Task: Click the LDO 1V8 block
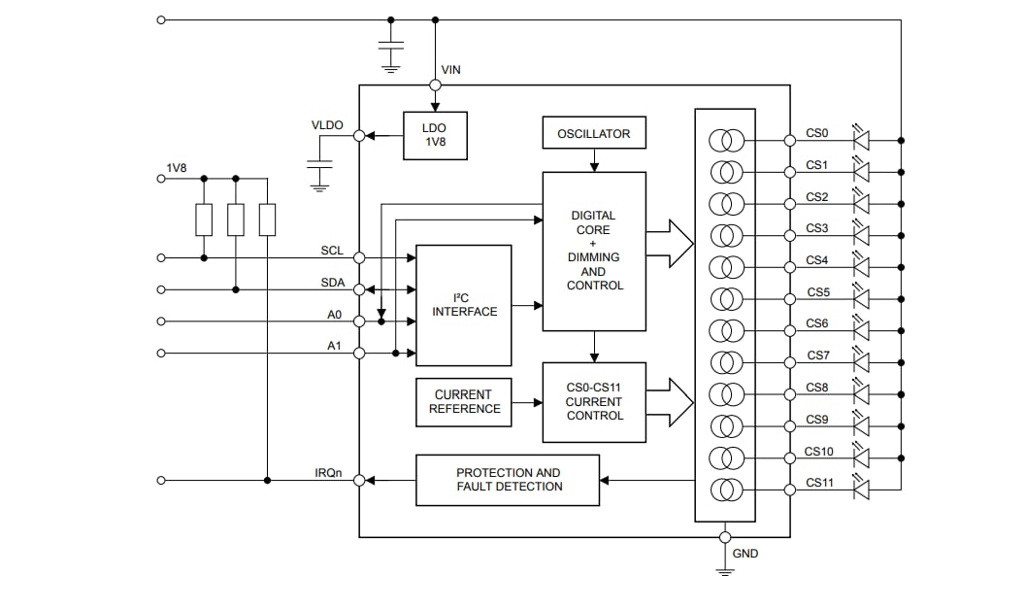(x=435, y=135)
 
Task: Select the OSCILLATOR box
(x=593, y=134)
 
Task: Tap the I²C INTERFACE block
(x=464, y=305)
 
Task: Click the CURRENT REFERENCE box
(x=464, y=402)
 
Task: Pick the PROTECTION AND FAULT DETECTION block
(x=508, y=480)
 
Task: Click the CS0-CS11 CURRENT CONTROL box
(x=594, y=402)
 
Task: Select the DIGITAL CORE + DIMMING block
(x=594, y=251)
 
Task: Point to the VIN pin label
(x=451, y=69)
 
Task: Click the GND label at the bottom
(x=745, y=554)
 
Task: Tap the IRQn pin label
(x=328, y=472)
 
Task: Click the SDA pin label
(x=332, y=282)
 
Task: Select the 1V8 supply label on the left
(x=176, y=168)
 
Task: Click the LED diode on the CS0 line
(x=860, y=140)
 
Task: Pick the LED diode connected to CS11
(x=860, y=490)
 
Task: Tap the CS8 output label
(x=817, y=388)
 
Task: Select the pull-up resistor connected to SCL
(x=204, y=220)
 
